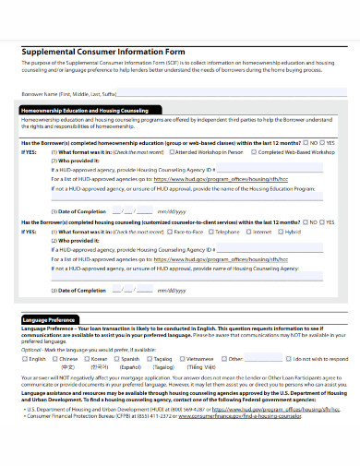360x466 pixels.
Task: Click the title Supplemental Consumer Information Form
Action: point(96,52)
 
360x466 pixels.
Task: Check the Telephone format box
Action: point(216,232)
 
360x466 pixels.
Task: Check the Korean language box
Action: point(93,359)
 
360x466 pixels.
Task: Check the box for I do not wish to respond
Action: point(289,359)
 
